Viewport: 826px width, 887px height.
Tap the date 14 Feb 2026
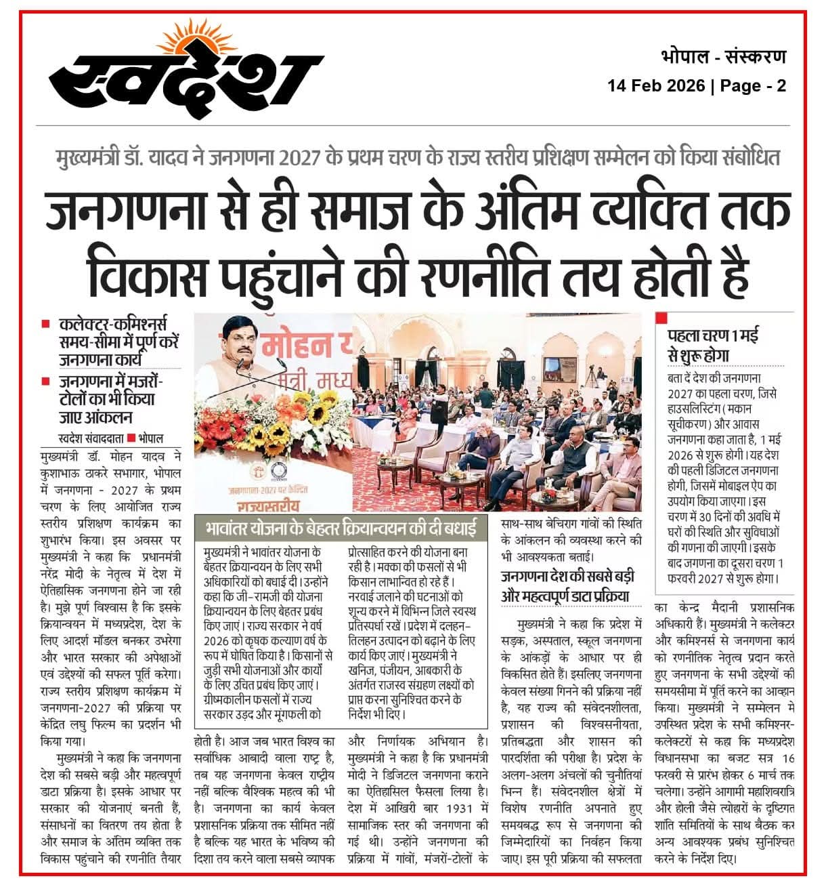tap(656, 87)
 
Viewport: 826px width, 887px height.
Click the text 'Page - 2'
tap(753, 87)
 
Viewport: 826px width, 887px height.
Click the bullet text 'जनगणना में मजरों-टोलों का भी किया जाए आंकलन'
tap(111, 398)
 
